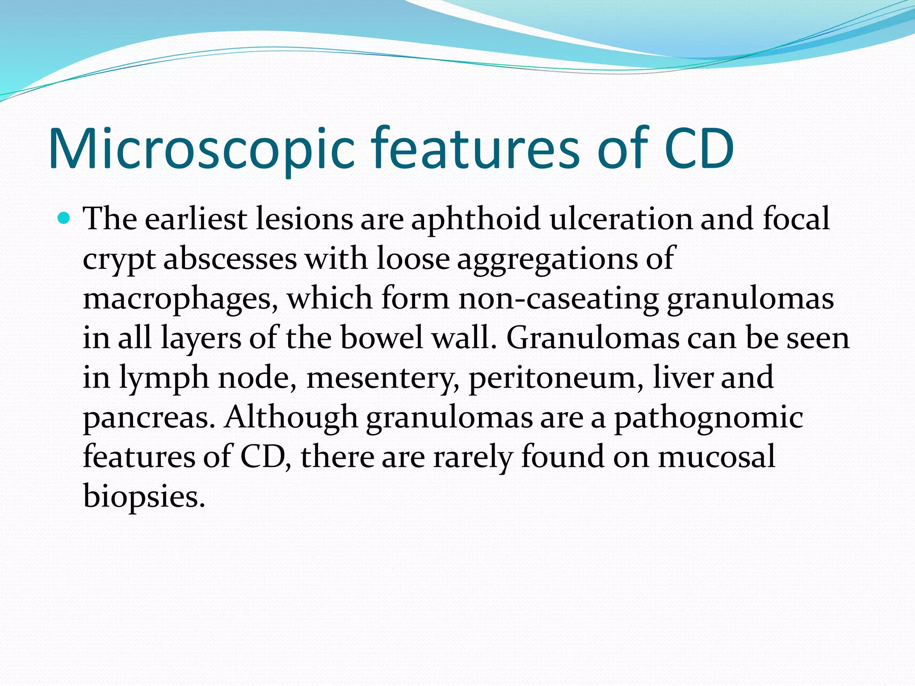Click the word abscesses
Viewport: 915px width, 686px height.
tap(230, 259)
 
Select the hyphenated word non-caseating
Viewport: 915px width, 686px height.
tap(558, 298)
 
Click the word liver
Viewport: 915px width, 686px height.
tap(682, 377)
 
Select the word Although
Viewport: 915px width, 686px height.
tap(291, 417)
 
